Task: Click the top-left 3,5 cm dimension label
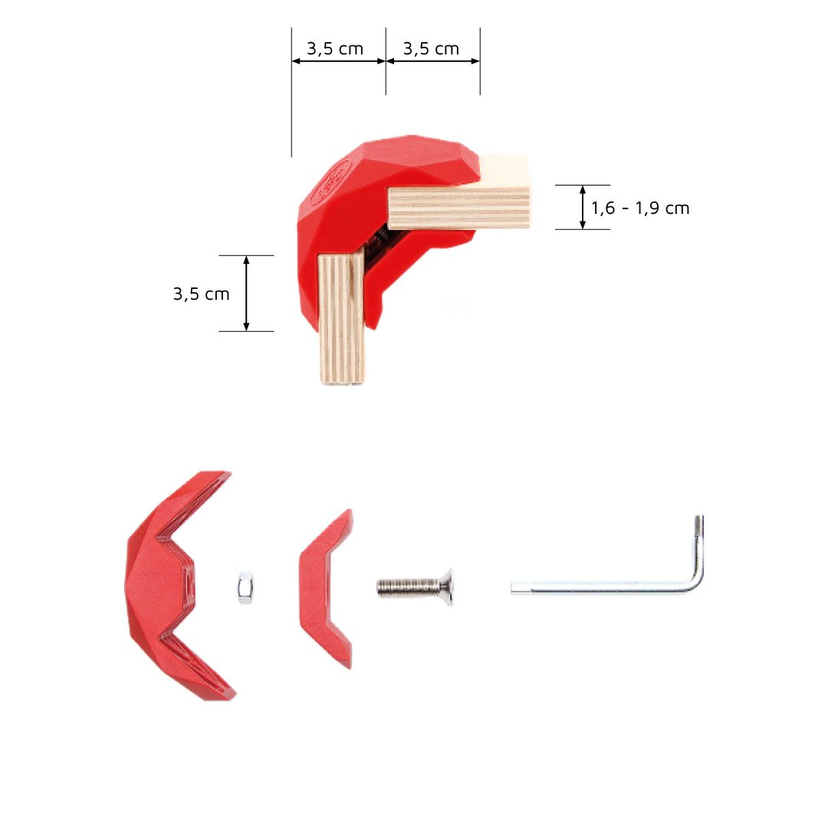(x=335, y=49)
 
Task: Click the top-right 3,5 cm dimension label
(x=431, y=49)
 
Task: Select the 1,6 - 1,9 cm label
(x=640, y=208)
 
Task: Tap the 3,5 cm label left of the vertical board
(x=201, y=294)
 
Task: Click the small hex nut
(x=245, y=587)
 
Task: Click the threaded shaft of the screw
(x=409, y=586)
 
